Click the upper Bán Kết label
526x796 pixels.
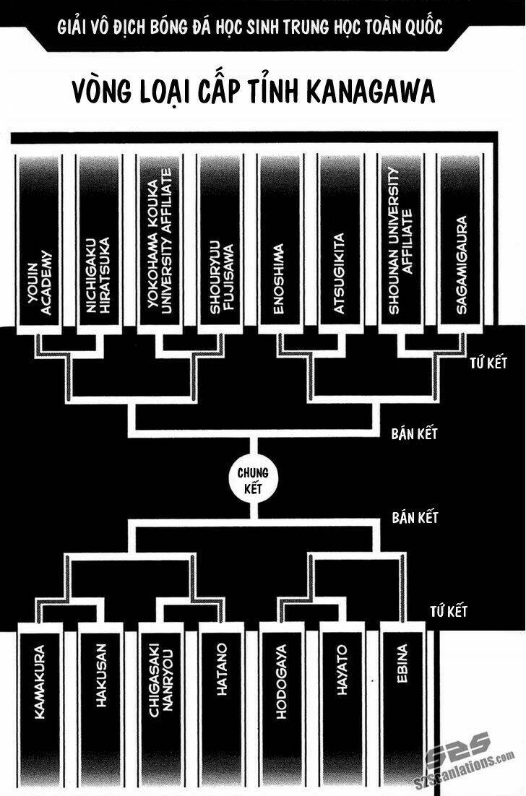415,434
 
